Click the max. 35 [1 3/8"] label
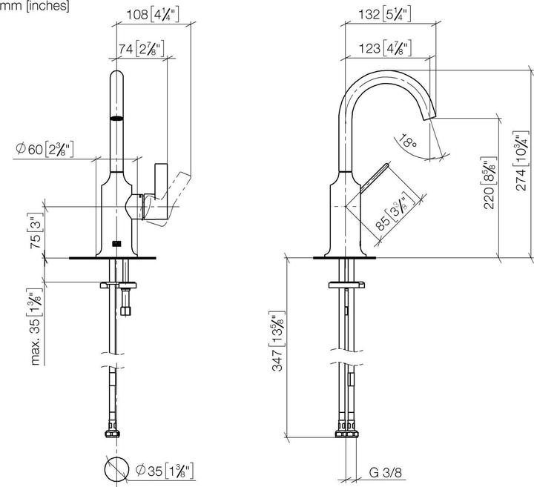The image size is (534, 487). click(x=34, y=325)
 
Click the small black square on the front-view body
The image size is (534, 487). click(x=116, y=243)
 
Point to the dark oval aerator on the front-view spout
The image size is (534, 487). click(x=116, y=117)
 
